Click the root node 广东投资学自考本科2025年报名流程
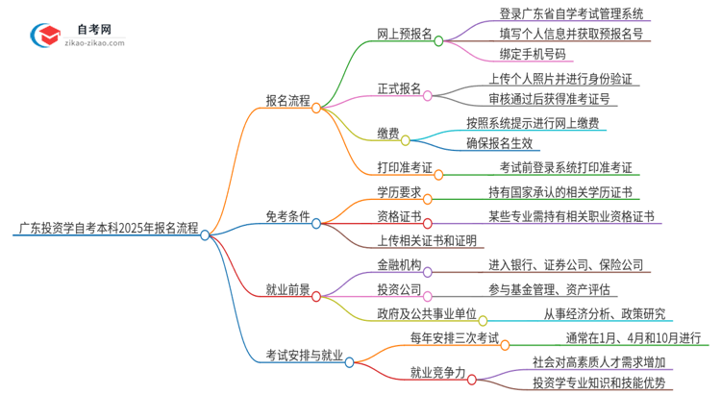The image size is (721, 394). [108, 230]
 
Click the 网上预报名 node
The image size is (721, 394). [404, 33]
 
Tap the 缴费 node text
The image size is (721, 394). [387, 134]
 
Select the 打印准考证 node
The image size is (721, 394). [404, 167]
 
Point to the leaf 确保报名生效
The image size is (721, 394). [499, 143]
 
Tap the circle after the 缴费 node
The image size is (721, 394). [406, 140]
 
